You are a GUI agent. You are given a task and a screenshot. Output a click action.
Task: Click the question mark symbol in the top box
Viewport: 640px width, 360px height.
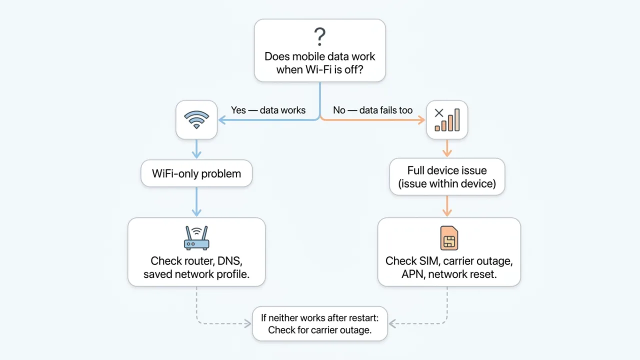tap(319, 37)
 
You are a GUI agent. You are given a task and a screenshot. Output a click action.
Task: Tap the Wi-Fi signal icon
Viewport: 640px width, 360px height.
tap(196, 119)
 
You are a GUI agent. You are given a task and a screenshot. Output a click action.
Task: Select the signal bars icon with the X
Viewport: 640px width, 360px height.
tap(446, 119)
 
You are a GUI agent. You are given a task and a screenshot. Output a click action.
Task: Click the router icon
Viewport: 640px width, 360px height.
tap(196, 237)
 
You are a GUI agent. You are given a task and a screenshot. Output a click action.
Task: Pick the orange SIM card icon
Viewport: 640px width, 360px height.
tap(449, 237)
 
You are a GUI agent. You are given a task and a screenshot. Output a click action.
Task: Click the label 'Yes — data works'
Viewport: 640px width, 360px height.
tap(268, 110)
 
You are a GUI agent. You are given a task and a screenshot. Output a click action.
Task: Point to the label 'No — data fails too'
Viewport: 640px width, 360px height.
tap(372, 110)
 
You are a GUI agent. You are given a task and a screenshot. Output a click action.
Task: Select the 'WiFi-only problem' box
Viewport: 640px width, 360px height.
tap(196, 173)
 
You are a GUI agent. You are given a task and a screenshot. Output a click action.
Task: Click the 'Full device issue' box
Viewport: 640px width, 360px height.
tap(447, 177)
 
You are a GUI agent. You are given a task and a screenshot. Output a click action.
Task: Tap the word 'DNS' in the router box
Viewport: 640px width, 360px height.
tap(230, 261)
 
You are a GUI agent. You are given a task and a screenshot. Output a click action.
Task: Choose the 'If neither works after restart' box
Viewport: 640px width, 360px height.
tap(319, 323)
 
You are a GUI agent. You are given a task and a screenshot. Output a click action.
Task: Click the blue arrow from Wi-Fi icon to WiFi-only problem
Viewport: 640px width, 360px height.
tap(196, 148)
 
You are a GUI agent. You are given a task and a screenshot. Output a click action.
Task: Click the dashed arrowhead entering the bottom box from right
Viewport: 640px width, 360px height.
tap(392, 324)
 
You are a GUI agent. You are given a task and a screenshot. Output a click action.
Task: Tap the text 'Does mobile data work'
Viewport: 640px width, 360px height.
tap(319, 56)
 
